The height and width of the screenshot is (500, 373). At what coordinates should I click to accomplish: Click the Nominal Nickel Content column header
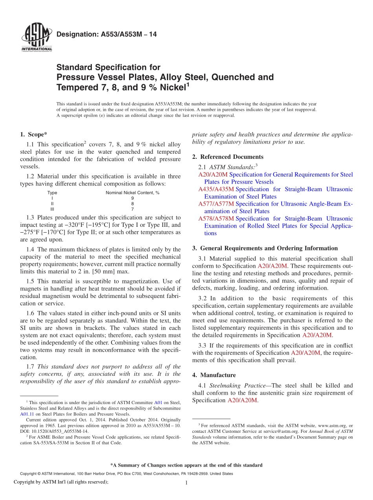pyautogui.click(x=132, y=193)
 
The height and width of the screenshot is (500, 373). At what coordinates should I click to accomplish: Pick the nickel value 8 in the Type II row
pyautogui.click(x=132, y=204)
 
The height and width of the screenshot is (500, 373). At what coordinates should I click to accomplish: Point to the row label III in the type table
pyautogui.click(x=52, y=210)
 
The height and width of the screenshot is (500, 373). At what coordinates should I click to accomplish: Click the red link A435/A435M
pyautogui.click(x=216, y=189)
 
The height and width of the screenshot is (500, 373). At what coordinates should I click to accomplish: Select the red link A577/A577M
pyautogui.click(x=216, y=204)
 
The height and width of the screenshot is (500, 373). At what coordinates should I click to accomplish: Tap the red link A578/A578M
pyautogui.click(x=216, y=219)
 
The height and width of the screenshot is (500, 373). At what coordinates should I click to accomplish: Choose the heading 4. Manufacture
pyautogui.click(x=214, y=375)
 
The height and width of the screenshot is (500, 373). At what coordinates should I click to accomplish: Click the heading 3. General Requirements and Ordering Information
pyautogui.click(x=265, y=248)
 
